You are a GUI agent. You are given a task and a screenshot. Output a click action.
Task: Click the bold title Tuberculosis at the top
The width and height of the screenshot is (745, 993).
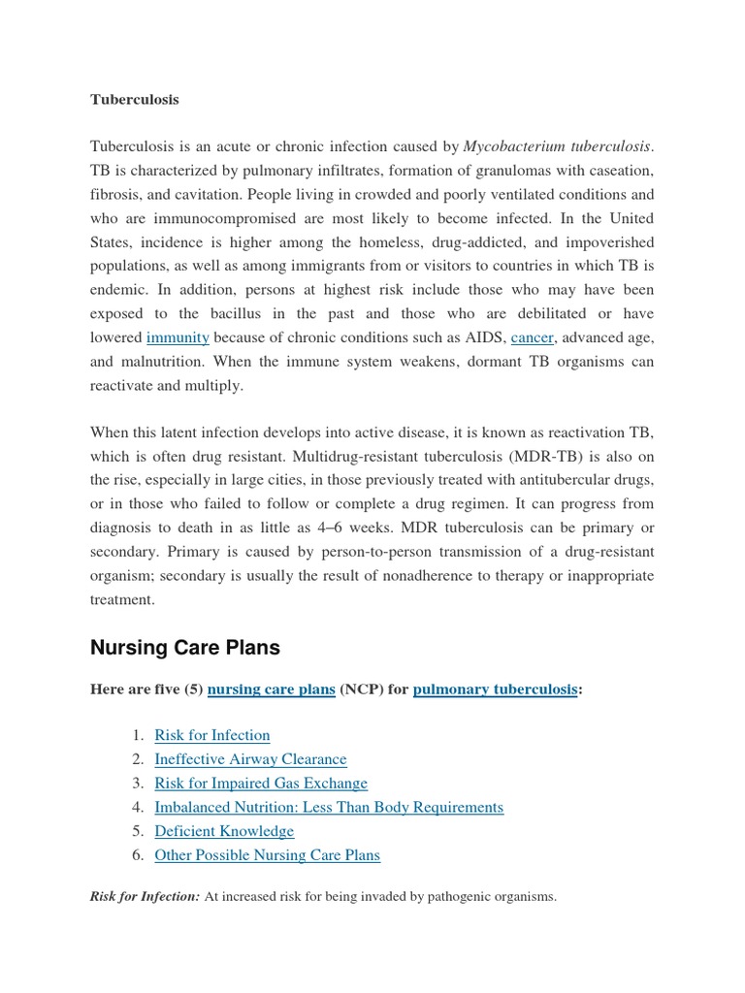click(134, 100)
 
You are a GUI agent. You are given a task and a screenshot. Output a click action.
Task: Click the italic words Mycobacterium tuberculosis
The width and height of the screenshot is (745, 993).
click(557, 147)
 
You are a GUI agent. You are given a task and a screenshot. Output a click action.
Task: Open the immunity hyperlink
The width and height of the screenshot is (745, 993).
click(178, 337)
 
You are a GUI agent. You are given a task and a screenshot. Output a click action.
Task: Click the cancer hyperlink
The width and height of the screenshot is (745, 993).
click(532, 337)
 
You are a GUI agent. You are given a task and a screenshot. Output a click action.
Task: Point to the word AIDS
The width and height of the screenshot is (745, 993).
click(482, 337)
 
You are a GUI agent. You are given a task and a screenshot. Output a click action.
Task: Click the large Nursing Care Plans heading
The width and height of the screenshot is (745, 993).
click(186, 647)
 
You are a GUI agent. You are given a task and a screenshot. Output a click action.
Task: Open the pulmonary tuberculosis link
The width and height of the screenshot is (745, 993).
click(495, 689)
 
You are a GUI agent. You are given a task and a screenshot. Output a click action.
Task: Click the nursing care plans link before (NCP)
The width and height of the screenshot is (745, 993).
click(271, 689)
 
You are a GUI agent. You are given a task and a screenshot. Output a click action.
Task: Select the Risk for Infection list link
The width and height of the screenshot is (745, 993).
click(211, 735)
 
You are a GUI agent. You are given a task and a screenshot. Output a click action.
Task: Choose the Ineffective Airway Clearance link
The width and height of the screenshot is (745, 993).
click(250, 759)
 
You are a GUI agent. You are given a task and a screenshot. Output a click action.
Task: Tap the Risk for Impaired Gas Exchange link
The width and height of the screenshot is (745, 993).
click(261, 784)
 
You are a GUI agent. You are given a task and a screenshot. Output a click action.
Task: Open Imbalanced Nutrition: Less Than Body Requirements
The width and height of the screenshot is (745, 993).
click(329, 807)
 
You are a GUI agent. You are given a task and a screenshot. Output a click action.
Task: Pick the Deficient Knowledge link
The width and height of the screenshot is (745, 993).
click(224, 831)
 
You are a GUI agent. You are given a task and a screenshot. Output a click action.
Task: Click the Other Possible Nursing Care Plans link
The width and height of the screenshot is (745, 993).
click(267, 855)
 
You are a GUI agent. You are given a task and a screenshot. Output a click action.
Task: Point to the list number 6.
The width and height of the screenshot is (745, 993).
click(138, 855)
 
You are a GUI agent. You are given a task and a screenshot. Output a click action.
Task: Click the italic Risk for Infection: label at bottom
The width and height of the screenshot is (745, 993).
click(145, 897)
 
